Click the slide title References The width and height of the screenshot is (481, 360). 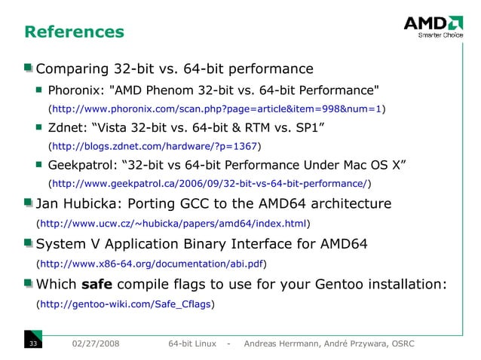point(74,32)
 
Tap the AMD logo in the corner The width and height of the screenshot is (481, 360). point(433,27)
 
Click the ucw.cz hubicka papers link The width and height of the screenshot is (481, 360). point(173,223)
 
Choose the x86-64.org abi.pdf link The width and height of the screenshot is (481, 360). point(152,264)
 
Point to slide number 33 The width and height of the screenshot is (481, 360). point(33,344)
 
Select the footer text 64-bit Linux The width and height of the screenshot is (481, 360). point(192,344)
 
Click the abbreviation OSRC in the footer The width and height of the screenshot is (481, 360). point(399,344)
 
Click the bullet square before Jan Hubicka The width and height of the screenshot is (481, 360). point(28,203)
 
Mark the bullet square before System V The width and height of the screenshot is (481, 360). point(28,244)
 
